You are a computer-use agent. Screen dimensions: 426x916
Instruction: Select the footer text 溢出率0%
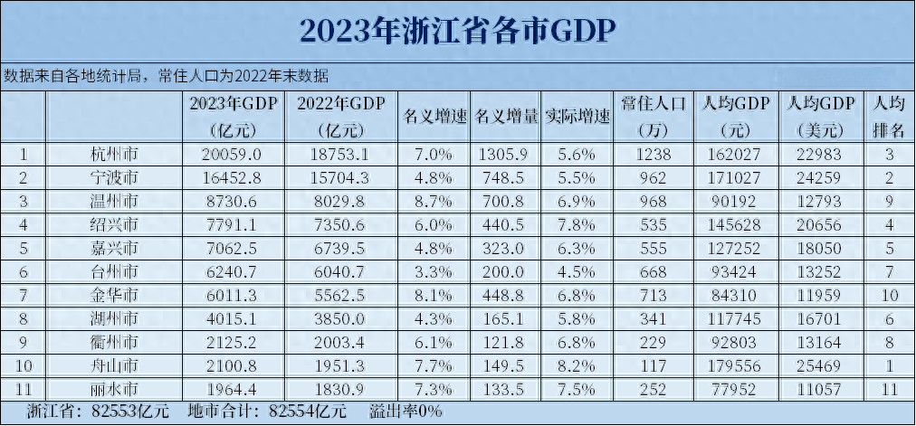click(x=406, y=412)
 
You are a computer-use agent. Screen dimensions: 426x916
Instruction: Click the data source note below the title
click(x=167, y=74)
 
